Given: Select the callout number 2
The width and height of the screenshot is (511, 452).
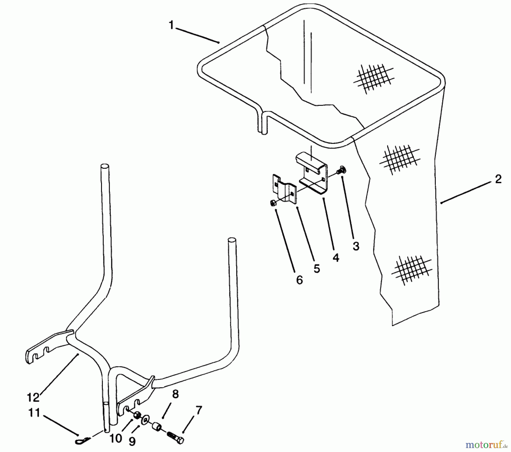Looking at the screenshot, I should coord(498,179).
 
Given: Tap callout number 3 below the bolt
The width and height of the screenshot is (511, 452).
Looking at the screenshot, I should coord(356,246).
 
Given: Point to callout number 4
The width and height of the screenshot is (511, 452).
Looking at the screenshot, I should coord(336,257).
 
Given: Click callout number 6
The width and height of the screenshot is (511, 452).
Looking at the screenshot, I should coord(300,280).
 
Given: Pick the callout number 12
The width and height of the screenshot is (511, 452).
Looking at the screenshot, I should coord(33,397).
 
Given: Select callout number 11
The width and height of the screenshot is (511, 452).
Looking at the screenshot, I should coord(34,413).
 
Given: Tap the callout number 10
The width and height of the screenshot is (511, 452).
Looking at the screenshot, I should coord(116,438).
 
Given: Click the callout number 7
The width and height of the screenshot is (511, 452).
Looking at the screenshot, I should coord(199,410).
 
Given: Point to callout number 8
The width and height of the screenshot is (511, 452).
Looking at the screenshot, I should coord(175,394).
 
